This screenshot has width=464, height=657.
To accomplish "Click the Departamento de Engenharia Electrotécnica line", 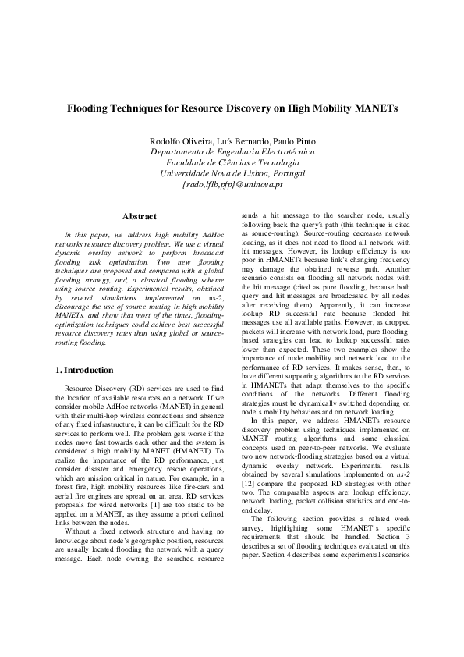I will [232, 151].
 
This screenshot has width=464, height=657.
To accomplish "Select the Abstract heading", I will [140, 216].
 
